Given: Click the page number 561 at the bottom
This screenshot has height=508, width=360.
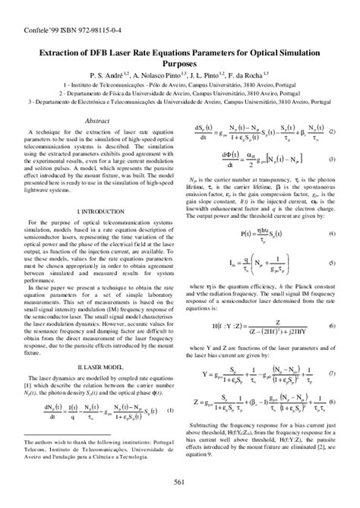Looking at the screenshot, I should tap(180, 483).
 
